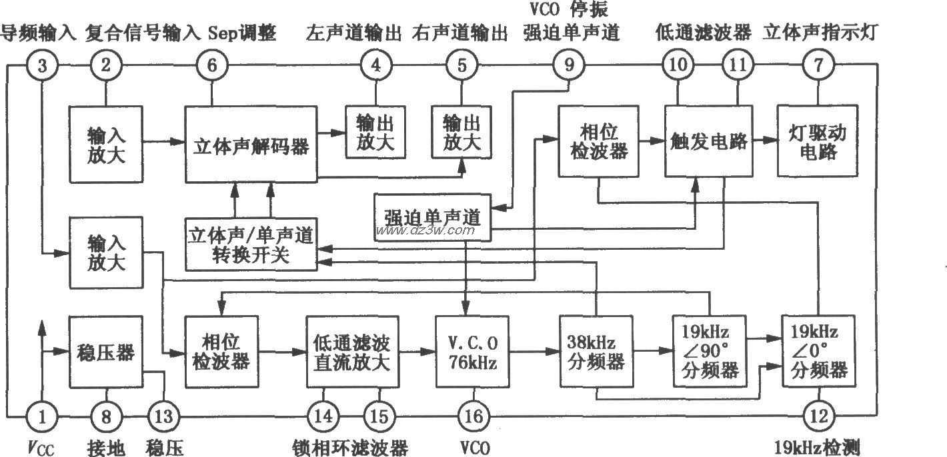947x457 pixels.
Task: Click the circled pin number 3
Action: tap(43, 65)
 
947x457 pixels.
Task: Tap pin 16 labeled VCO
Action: tap(471, 418)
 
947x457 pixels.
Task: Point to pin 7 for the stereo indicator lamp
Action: tap(816, 65)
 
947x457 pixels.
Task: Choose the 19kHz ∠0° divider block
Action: tap(819, 351)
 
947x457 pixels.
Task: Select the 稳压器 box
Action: tap(107, 352)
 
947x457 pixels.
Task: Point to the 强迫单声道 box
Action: tap(433, 217)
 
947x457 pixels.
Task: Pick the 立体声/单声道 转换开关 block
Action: tap(251, 244)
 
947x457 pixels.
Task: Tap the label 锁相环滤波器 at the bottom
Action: tap(351, 446)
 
